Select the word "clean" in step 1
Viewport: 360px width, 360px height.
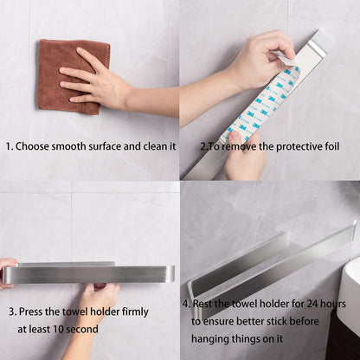155,146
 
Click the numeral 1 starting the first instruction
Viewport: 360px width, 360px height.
9,146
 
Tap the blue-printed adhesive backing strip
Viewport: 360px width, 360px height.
260,104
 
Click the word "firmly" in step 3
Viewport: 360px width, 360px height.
135,312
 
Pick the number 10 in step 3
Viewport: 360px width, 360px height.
60,329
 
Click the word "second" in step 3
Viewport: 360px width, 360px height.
83,329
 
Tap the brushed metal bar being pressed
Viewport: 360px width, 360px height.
89,274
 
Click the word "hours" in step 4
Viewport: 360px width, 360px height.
334,304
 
